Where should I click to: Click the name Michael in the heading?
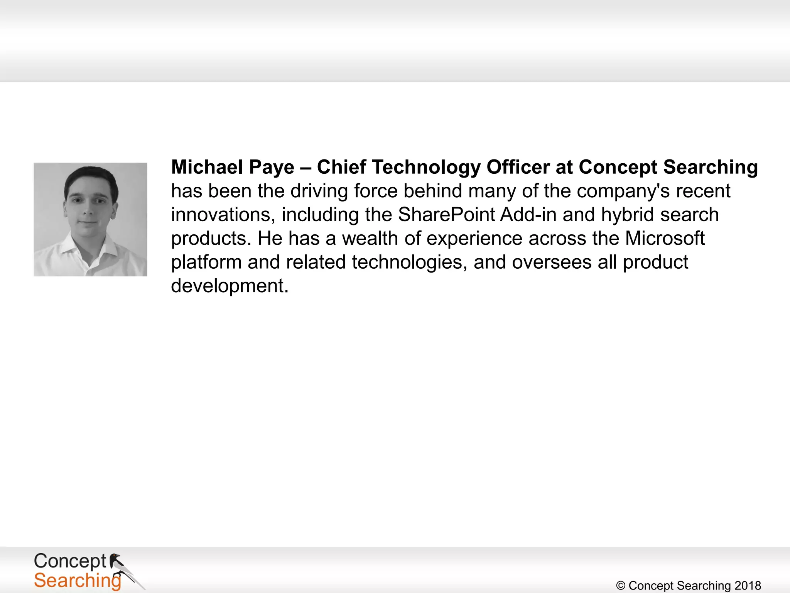click(x=207, y=167)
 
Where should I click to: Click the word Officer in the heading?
click(x=518, y=167)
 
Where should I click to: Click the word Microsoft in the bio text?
click(x=665, y=238)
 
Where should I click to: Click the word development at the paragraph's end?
click(x=230, y=286)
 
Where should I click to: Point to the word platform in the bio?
click(x=206, y=263)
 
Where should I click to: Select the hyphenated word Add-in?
click(x=528, y=215)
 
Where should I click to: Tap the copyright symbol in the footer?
click(x=621, y=586)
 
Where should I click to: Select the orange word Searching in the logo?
click(x=77, y=581)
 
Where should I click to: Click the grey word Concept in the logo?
click(x=70, y=561)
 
